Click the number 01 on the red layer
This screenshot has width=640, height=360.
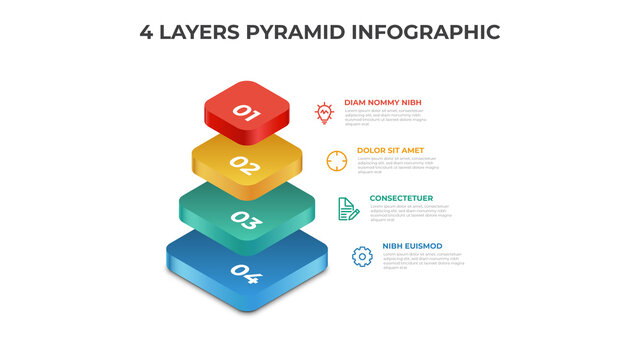click(x=247, y=113)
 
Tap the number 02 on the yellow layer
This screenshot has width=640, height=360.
click(x=244, y=165)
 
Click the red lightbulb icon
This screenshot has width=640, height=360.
click(x=324, y=113)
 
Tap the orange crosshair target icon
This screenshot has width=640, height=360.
click(x=336, y=159)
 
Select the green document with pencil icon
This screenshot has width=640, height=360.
click(x=348, y=208)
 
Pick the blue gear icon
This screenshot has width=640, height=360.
click(x=361, y=256)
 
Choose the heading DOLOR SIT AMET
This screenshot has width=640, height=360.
click(x=391, y=150)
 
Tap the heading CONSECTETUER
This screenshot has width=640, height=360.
click(x=401, y=198)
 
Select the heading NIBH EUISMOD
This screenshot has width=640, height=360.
click(x=412, y=246)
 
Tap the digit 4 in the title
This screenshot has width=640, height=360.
click(x=146, y=32)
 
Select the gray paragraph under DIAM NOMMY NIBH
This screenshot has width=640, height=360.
click(x=385, y=117)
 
